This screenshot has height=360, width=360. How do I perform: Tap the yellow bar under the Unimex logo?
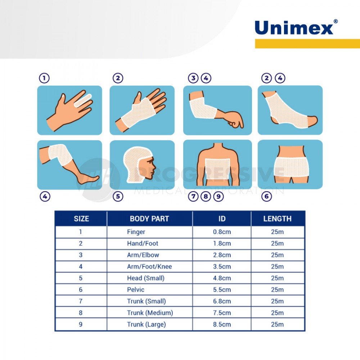(x=307, y=44)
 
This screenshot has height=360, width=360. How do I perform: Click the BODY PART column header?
(x=149, y=219)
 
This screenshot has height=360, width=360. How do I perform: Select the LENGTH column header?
(x=277, y=219)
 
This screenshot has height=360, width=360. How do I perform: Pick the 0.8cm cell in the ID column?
(x=222, y=232)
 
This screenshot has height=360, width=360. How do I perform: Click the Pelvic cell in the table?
(x=136, y=289)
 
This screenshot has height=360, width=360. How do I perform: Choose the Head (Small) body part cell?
(x=145, y=278)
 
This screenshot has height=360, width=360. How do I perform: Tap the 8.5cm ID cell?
(x=222, y=324)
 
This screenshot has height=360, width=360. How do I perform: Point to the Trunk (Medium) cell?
(x=150, y=313)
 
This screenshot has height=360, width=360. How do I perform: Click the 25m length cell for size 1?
(x=277, y=232)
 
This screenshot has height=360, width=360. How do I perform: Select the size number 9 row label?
(x=81, y=324)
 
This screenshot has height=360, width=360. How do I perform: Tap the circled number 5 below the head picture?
(x=118, y=197)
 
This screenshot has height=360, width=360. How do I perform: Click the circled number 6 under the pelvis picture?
(x=266, y=197)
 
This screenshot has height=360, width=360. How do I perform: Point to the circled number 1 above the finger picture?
(x=44, y=78)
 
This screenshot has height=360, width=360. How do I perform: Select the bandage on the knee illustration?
(x=58, y=154)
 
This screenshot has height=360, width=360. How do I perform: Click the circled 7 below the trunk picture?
(x=193, y=197)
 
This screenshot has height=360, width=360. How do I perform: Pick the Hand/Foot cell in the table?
(x=143, y=243)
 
